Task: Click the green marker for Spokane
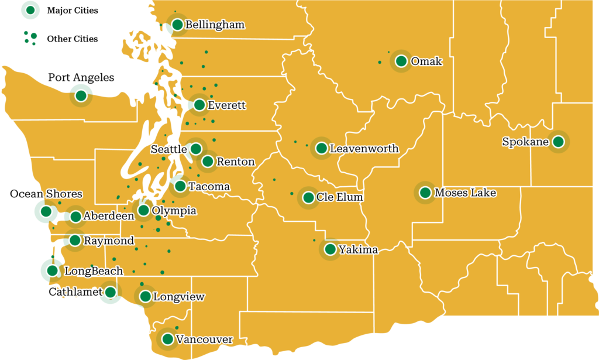point(558,141)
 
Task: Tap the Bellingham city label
point(215,25)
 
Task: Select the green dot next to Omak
point(401,61)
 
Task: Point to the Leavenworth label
point(364,149)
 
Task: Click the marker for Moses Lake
point(425,193)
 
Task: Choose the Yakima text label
point(359,250)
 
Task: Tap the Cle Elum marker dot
point(308,197)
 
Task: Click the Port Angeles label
point(81,77)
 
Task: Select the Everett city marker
point(199,105)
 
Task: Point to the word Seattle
point(168,149)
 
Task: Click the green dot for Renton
point(208,162)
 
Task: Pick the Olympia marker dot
point(143,210)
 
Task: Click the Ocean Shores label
point(46,194)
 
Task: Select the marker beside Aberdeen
point(75,217)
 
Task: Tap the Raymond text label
point(109,240)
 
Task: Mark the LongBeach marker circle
point(53,270)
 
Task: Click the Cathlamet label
point(75,292)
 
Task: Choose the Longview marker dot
point(145,297)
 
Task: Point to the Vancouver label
point(204,340)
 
